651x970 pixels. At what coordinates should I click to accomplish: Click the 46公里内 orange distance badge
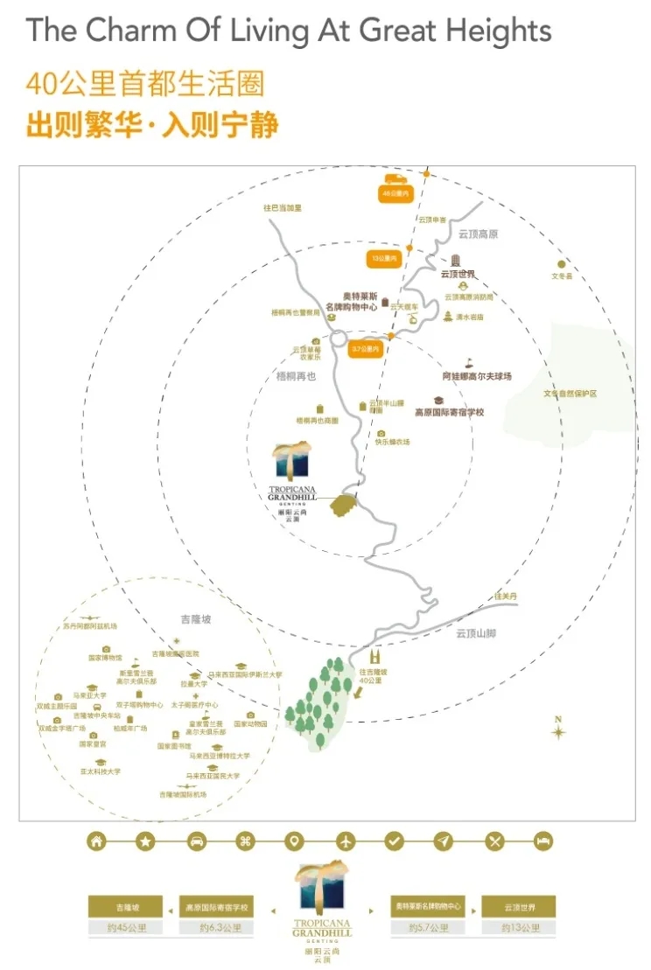(395, 193)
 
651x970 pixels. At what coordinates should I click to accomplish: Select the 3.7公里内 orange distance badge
(365, 349)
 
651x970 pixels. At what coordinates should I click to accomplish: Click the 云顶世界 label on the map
(458, 274)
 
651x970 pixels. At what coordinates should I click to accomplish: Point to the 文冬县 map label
(561, 276)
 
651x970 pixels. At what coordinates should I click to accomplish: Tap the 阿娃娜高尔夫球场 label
(476, 376)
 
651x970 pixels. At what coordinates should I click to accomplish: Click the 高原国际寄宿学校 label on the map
(449, 412)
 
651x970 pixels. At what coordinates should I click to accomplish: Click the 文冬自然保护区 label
(570, 394)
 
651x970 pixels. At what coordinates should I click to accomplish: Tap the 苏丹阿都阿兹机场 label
(89, 626)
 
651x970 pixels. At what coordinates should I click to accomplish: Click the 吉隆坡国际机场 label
(183, 794)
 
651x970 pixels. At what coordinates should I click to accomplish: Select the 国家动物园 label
(250, 724)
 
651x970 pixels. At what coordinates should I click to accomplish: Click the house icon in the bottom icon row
(96, 841)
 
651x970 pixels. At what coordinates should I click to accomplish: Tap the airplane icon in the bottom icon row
(346, 841)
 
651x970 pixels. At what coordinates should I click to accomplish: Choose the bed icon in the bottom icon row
(543, 841)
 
